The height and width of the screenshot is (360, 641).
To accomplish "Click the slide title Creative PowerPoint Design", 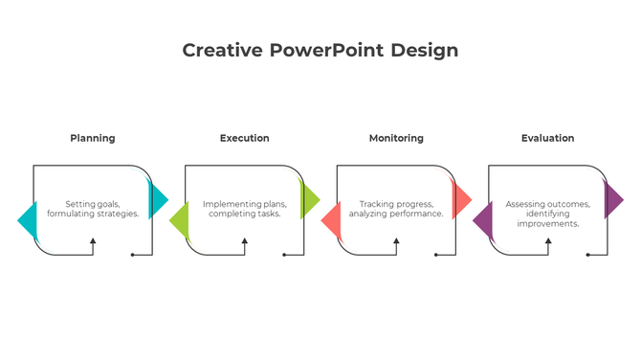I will (320, 50).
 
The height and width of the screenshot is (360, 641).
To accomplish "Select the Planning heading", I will (93, 138).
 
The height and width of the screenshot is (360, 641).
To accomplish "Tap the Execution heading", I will (244, 138).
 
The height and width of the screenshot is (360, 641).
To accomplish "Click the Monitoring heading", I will (396, 138).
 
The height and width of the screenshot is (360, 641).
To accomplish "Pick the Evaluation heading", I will (547, 138).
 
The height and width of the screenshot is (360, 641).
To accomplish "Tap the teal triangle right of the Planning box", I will (158, 199).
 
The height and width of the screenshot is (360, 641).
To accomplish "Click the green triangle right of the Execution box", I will (309, 199).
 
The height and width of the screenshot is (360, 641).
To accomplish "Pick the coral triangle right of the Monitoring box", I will (461, 199).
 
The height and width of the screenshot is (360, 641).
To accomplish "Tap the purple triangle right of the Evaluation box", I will (613, 199).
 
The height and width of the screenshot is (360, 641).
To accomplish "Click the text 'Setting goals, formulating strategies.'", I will (93, 209).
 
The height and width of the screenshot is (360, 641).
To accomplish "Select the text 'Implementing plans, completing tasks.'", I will (244, 209).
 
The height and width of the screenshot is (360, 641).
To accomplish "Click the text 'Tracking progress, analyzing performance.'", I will (396, 209).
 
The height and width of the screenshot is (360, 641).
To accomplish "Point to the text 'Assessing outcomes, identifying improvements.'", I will (547, 214).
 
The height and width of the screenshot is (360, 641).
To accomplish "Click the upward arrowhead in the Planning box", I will (93, 241).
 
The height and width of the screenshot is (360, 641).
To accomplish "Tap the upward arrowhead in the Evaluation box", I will (547, 241).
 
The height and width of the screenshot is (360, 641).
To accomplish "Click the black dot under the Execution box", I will (284, 255).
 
